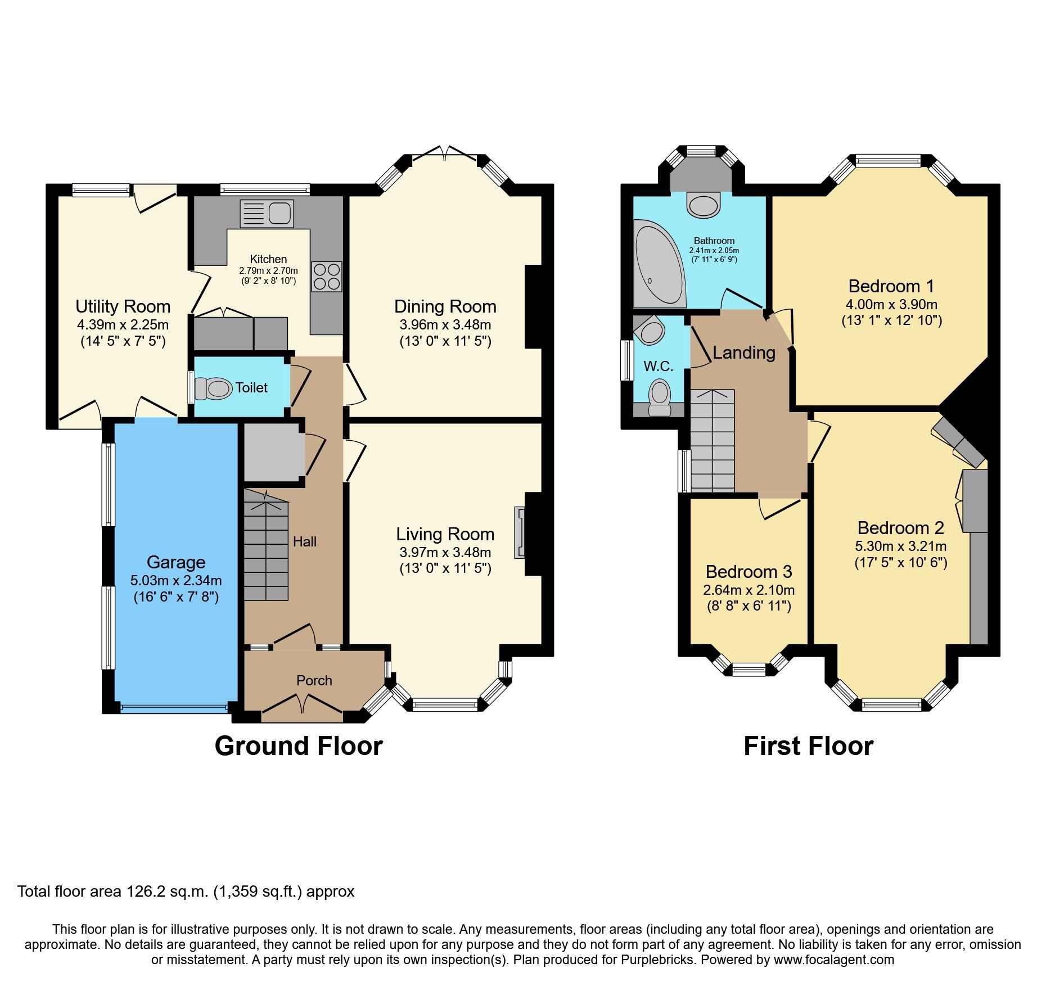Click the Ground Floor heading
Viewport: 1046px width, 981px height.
pos(299,746)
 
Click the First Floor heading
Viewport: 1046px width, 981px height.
pos(808,746)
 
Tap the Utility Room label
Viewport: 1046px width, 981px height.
pos(123,306)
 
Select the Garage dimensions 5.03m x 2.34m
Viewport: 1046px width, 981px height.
pos(176,580)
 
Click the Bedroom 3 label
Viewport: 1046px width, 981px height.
pos(749,572)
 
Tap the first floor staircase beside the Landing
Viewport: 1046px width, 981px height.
pos(712,441)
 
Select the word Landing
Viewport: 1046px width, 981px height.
pos(744,352)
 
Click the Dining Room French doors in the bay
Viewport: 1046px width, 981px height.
pos(444,152)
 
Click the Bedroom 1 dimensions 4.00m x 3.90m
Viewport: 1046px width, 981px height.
pos(891,304)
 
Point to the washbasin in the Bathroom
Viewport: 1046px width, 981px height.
pos(703,205)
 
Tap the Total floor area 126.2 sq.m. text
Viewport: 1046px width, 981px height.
pos(186,892)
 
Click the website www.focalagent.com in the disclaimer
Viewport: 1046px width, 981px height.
pos(834,960)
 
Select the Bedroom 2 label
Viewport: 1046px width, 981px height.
pos(900,528)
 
